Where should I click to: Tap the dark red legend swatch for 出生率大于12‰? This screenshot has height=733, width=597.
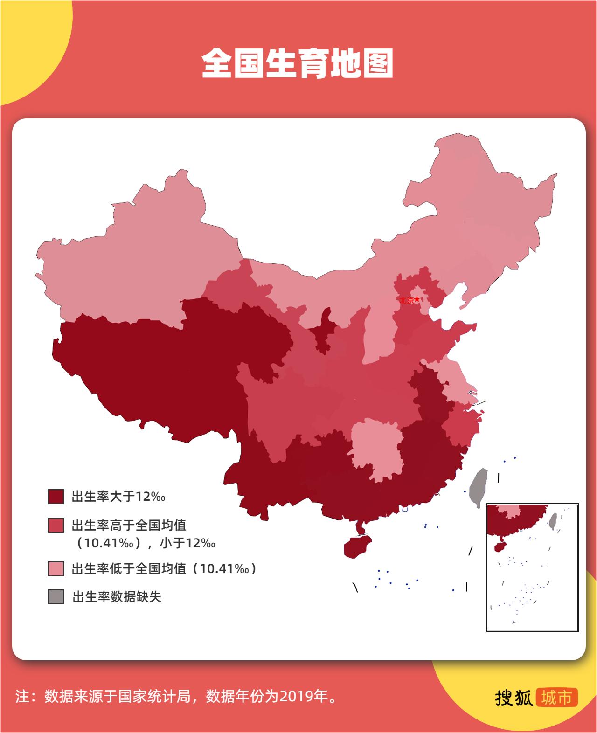tap(56, 497)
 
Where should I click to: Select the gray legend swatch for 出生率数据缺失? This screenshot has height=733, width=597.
tap(56, 597)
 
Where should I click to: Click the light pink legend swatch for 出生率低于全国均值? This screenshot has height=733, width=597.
tap(56, 569)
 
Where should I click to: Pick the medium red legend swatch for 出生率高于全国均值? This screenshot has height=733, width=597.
tap(56, 526)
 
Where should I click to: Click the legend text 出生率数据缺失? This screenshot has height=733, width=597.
tap(117, 597)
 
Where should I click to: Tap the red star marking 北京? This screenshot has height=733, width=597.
tap(417, 299)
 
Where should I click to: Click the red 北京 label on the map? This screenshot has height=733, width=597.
tap(406, 301)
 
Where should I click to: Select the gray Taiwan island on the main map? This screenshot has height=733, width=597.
tap(478, 487)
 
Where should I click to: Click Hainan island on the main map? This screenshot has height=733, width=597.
tap(357, 546)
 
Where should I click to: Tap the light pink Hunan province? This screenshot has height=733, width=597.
tap(375, 448)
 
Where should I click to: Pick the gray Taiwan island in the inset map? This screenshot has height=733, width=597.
tap(553, 520)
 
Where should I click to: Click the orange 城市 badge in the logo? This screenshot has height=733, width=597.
tap(557, 697)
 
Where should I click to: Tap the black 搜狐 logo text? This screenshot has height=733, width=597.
tap(514, 697)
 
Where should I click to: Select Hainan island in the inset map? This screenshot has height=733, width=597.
tap(500, 546)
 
